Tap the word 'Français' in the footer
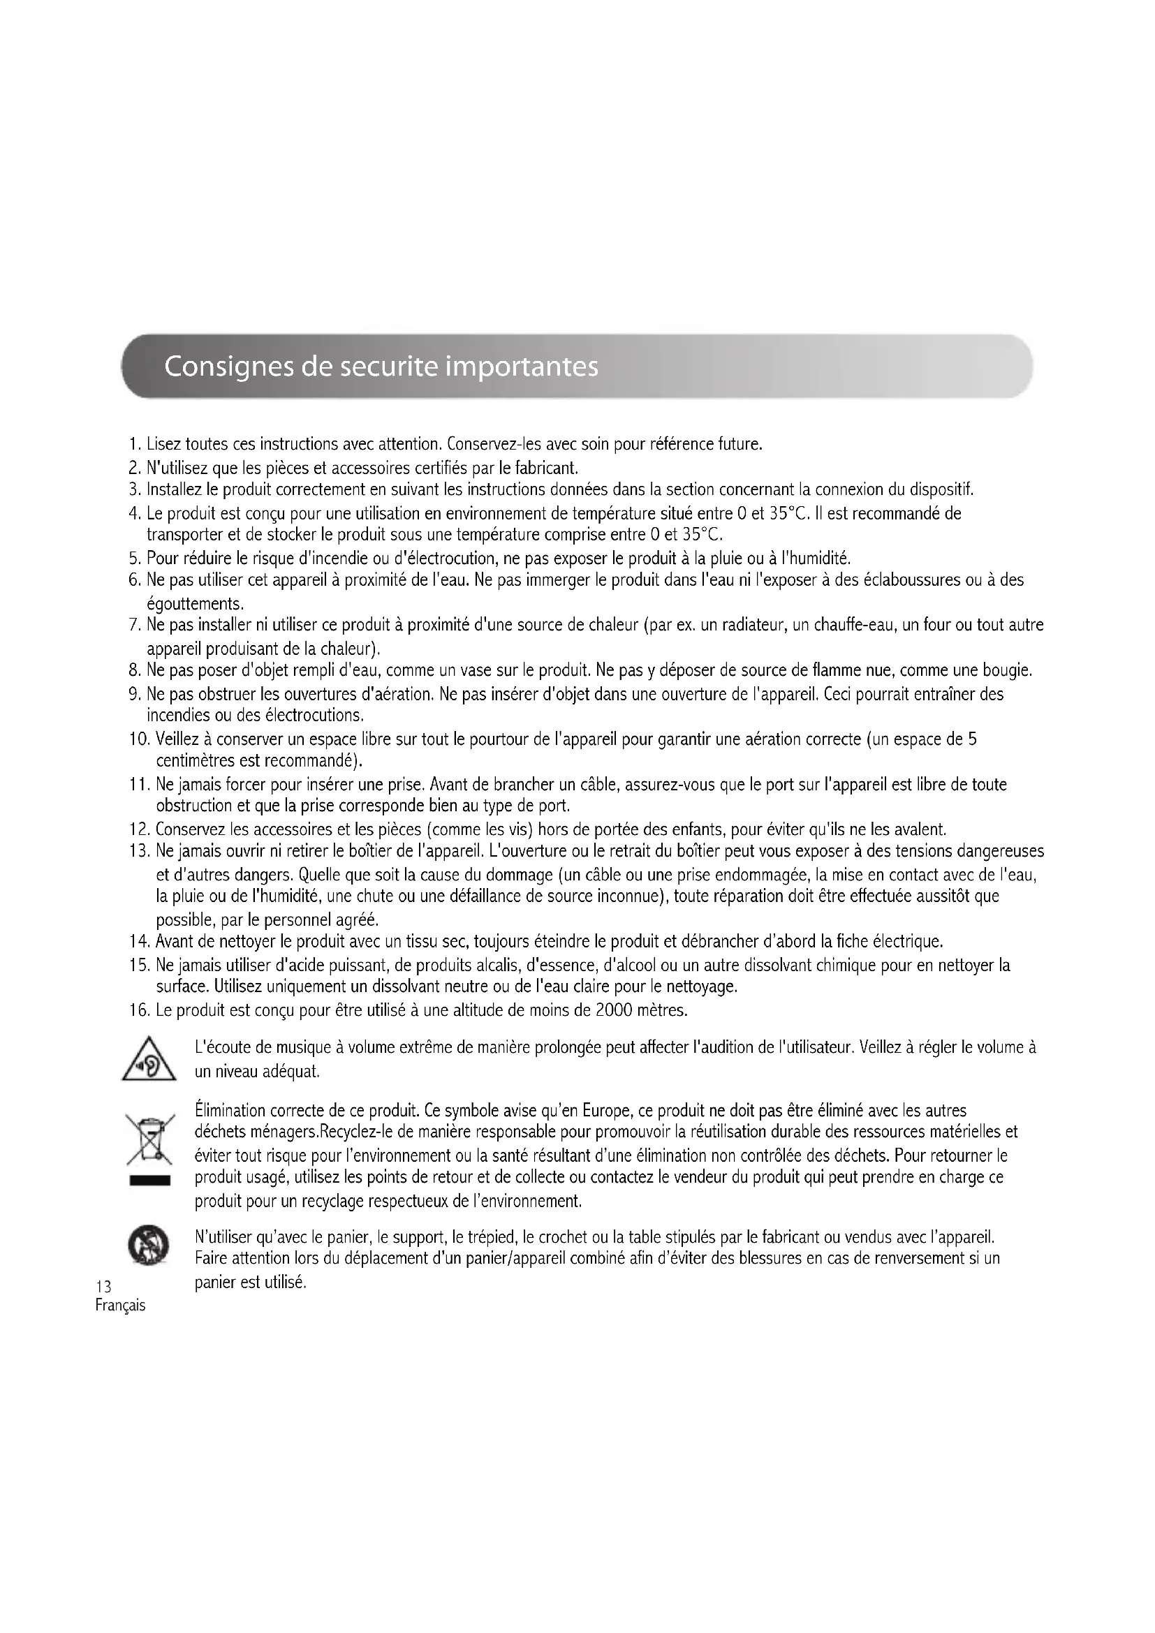[120, 1306]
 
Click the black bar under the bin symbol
[149, 1181]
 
